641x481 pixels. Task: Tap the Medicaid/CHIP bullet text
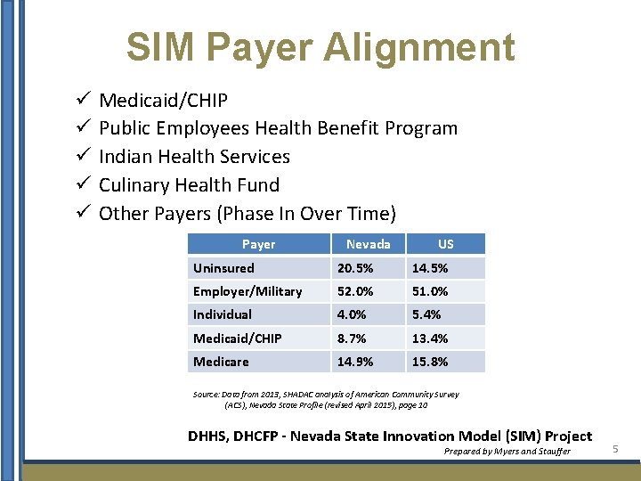click(x=163, y=100)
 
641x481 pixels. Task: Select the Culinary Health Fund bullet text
click(x=189, y=185)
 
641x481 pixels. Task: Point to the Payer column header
click(x=258, y=244)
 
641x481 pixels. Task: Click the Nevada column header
click(x=368, y=244)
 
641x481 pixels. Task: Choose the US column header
click(x=446, y=244)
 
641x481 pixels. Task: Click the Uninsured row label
click(x=223, y=268)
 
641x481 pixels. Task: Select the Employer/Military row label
click(x=247, y=291)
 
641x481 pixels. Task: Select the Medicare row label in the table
click(x=221, y=362)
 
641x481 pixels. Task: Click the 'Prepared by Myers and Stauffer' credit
click(x=507, y=452)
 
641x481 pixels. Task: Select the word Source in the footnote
click(x=207, y=395)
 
